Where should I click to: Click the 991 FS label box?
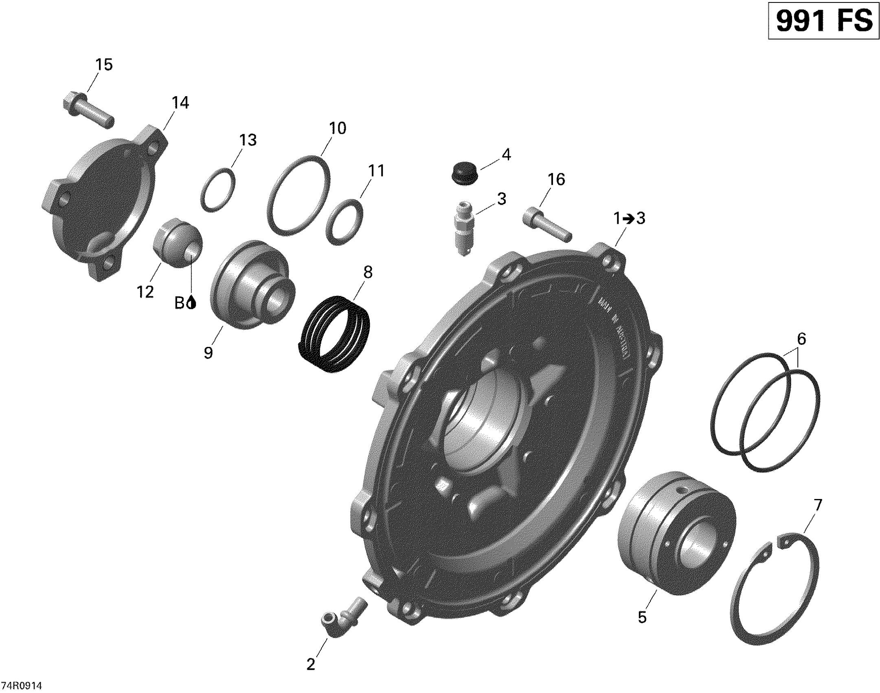click(823, 20)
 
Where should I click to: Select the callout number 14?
click(180, 103)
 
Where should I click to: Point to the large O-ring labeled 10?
click(299, 195)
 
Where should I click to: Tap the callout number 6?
click(801, 339)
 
